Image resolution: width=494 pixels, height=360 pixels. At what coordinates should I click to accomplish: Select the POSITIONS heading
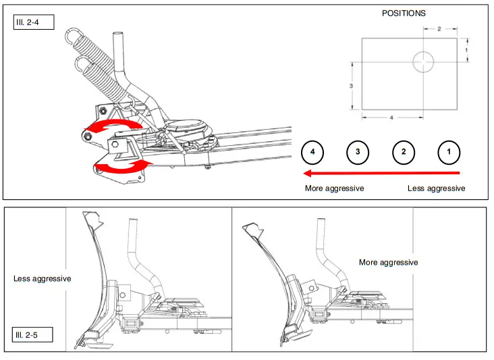click(x=404, y=13)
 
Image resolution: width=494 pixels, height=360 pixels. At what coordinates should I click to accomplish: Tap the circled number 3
click(x=358, y=152)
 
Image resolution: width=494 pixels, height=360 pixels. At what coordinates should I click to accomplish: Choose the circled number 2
click(x=403, y=152)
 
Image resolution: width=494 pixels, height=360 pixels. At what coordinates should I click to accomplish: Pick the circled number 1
click(x=449, y=152)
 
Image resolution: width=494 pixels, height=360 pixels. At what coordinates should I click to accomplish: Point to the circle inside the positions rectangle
click(x=424, y=61)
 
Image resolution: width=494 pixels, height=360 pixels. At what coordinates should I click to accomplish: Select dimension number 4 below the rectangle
click(x=392, y=117)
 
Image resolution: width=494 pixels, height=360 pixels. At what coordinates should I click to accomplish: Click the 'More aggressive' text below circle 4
click(x=334, y=188)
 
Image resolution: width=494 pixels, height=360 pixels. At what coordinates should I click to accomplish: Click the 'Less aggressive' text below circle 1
click(x=436, y=188)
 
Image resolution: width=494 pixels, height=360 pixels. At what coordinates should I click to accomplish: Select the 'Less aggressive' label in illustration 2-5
click(x=42, y=278)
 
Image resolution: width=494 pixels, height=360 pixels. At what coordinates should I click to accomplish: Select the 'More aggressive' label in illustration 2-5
click(x=388, y=262)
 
